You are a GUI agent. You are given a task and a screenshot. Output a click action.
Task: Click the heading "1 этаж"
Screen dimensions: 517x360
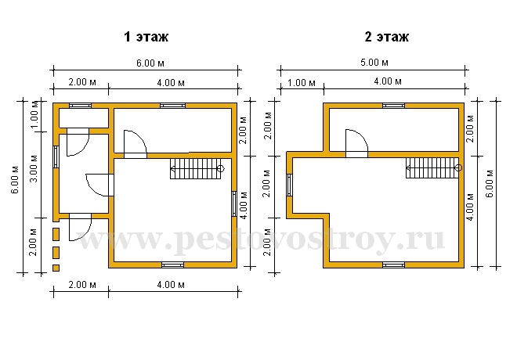[146, 37]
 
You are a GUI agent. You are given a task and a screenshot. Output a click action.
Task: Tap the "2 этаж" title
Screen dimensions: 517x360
[386, 37]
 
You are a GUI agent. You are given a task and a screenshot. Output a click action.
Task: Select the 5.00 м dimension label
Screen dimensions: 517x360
[374, 63]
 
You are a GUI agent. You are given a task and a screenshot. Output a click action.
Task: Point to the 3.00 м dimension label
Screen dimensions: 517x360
[34, 168]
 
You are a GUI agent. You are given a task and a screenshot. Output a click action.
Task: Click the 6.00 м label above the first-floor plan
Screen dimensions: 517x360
[150, 63]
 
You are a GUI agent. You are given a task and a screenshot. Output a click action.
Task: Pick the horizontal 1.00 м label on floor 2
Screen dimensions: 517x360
[302, 83]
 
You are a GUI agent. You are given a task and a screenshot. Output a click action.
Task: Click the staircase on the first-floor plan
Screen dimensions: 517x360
[197, 168]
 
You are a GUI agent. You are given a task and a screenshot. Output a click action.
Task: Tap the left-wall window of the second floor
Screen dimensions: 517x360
[289, 185]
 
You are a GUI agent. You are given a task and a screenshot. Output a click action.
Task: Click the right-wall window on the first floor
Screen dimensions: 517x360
[234, 204]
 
